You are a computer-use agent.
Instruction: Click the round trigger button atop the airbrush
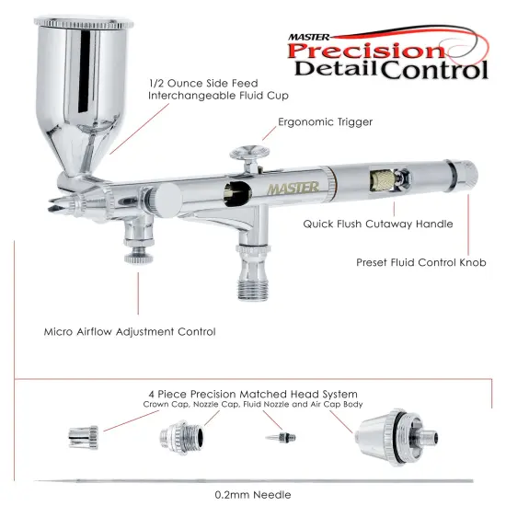pos(246,150)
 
